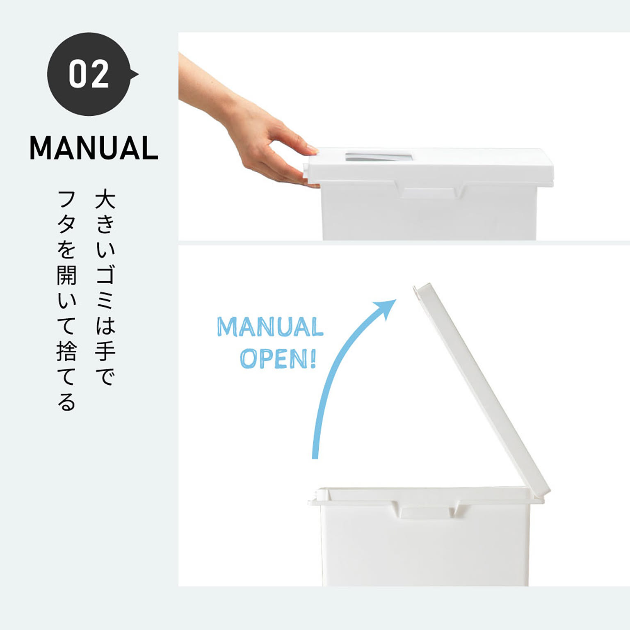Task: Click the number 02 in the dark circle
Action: (x=89, y=74)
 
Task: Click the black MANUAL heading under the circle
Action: (x=94, y=148)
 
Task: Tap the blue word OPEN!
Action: (x=278, y=359)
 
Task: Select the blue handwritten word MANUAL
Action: (x=270, y=327)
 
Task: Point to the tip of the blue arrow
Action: (x=395, y=301)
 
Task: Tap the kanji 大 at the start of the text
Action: (x=105, y=199)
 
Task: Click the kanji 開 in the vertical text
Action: (x=66, y=275)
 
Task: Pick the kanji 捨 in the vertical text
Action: (x=66, y=351)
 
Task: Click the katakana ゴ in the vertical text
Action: (x=105, y=275)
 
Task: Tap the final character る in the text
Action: (x=66, y=402)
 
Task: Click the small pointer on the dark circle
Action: (x=134, y=74)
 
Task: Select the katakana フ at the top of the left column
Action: (x=66, y=199)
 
